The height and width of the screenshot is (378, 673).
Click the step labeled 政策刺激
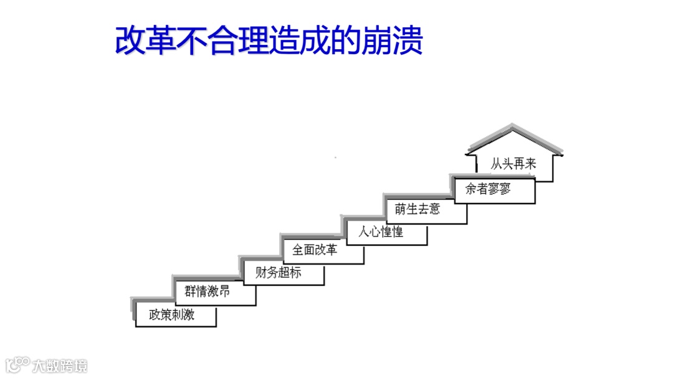[172, 315]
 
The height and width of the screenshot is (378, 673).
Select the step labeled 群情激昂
[208, 292]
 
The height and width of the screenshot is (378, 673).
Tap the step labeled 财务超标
[278, 272]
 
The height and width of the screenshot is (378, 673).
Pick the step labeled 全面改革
[315, 250]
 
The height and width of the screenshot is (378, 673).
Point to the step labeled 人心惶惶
[381, 232]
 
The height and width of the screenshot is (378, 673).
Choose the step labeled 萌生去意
[418, 209]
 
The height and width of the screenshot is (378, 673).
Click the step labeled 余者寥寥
[488, 189]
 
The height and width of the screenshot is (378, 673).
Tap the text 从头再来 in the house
[513, 164]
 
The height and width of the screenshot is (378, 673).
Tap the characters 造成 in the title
[300, 41]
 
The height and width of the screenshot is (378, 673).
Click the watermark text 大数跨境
[60, 366]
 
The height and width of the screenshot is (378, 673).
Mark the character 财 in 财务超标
[261, 272]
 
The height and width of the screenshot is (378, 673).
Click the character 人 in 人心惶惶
[364, 232]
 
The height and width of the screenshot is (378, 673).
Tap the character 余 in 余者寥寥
[471, 189]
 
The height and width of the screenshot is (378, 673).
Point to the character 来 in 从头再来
[530, 164]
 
